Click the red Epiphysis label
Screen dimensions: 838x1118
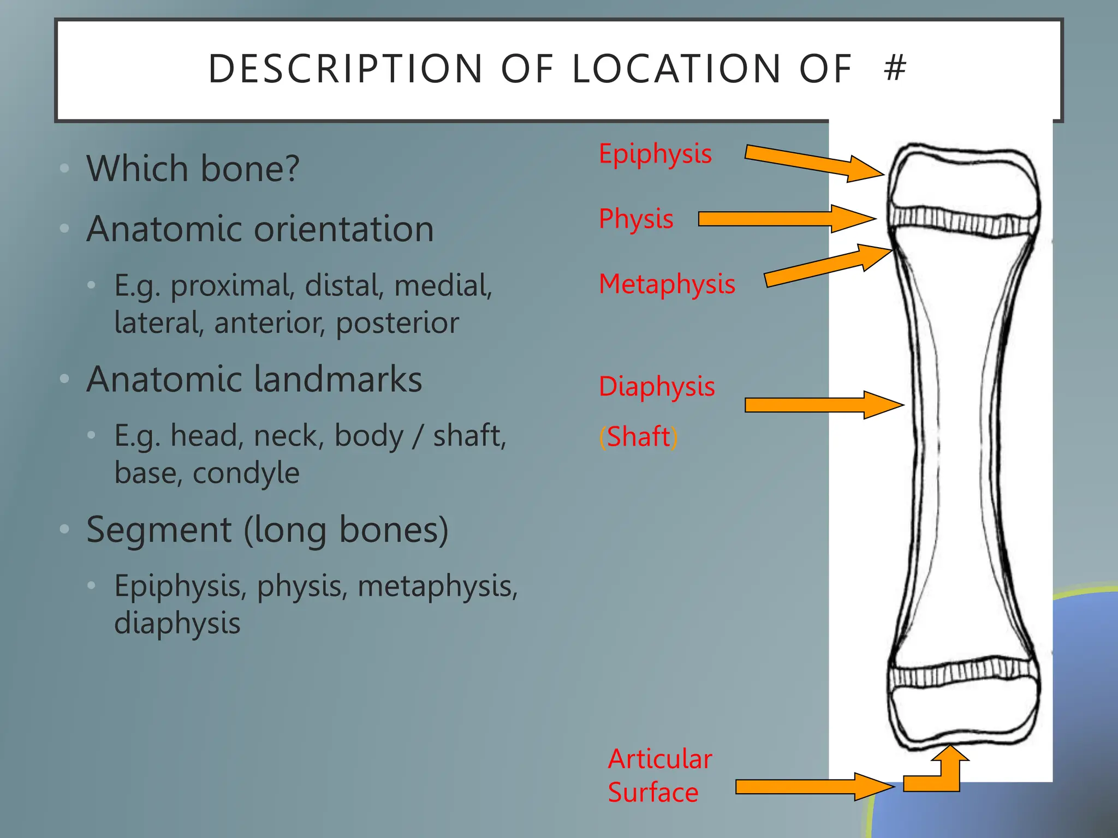pos(655,154)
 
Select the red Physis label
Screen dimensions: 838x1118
pos(636,219)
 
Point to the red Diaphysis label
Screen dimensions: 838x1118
pos(657,387)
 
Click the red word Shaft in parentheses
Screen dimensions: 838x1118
pos(638,437)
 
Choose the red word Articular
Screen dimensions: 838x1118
pos(660,759)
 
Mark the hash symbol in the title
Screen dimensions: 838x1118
pos(895,68)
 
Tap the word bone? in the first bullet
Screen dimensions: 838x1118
pos(250,169)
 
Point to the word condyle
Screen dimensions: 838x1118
pos(246,473)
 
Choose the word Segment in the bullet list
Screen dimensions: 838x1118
pos(159,530)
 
